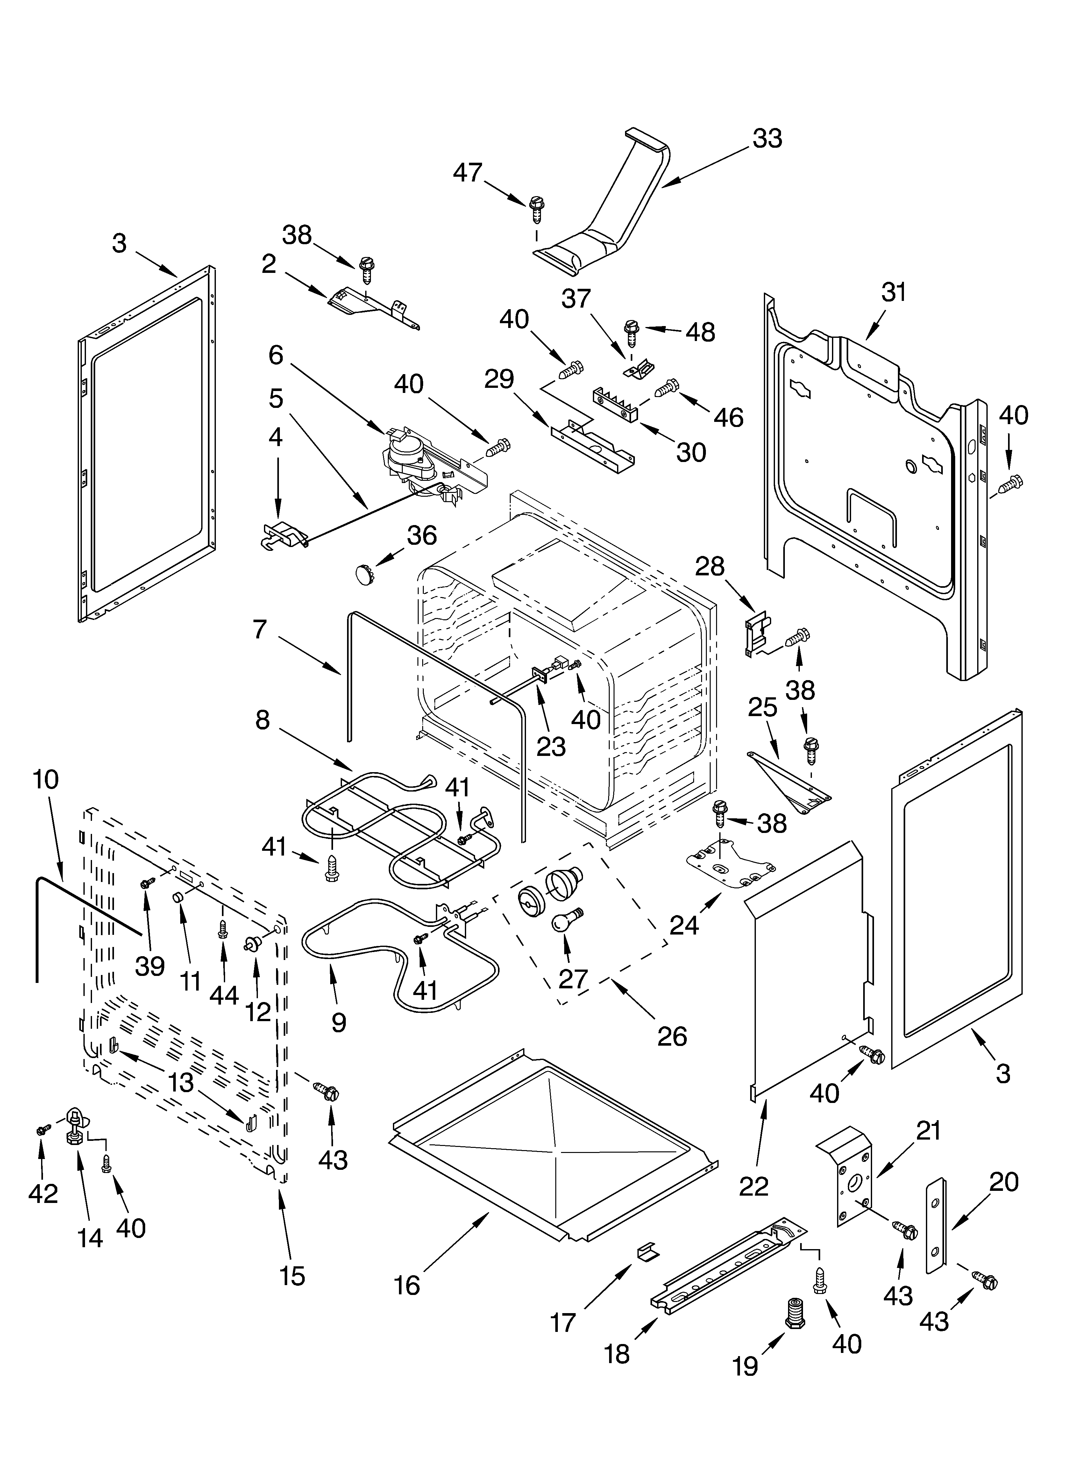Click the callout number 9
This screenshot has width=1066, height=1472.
338,1023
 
